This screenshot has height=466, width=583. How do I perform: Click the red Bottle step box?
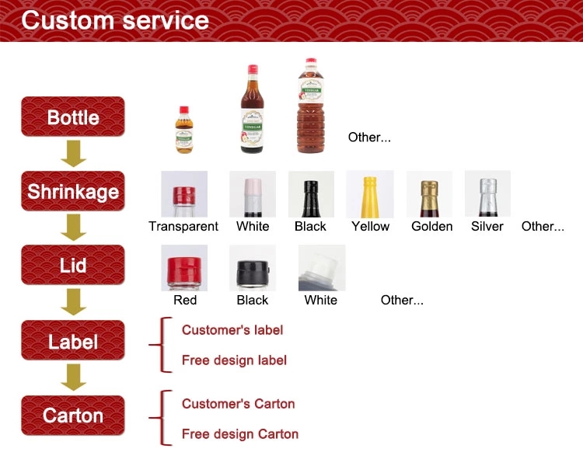(72, 117)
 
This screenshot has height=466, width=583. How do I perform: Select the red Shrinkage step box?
(72, 191)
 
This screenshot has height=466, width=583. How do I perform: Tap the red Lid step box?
(72, 266)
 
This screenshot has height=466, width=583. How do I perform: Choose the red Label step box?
(72, 341)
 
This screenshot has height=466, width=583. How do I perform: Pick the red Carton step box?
(72, 416)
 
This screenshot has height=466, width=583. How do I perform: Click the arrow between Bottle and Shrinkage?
(73, 154)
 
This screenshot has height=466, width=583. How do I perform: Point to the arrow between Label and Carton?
(73, 378)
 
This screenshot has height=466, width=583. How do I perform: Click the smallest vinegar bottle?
(184, 130)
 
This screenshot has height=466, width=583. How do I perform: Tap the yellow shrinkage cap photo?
(370, 194)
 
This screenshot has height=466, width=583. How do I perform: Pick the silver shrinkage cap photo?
(487, 194)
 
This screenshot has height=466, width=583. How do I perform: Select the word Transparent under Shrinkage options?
(183, 227)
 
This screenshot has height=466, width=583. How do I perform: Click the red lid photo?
(184, 268)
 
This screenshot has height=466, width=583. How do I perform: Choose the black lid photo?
(253, 268)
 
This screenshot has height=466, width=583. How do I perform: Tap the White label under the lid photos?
(321, 301)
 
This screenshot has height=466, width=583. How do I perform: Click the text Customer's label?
(232, 330)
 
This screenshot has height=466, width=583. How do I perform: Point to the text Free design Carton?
(239, 434)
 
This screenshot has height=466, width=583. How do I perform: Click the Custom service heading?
(115, 20)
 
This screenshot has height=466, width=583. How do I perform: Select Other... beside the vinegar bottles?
(369, 137)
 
